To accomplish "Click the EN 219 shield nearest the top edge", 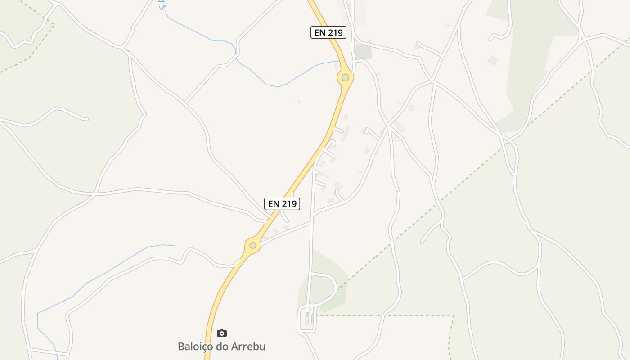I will click(328, 32).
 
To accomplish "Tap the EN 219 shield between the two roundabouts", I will click(282, 204).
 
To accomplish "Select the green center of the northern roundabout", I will click(345, 77).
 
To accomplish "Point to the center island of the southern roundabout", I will click(253, 245).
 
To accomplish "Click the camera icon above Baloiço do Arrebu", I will click(221, 333).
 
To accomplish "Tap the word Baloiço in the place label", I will click(194, 346).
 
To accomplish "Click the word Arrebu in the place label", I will click(248, 346).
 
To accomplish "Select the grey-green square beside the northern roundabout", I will click(363, 52).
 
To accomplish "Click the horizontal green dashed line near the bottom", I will click(382, 315).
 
